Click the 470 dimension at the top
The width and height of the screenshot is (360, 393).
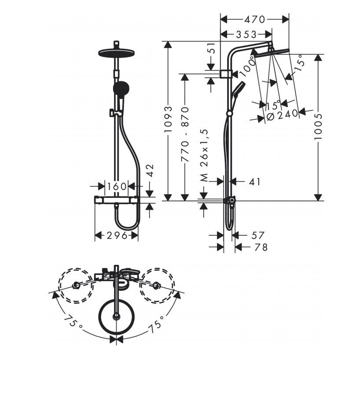(x=255, y=19)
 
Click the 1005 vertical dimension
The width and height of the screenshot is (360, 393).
(x=318, y=127)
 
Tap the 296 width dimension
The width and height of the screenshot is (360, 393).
(x=117, y=236)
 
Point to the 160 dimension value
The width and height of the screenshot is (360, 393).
(x=117, y=186)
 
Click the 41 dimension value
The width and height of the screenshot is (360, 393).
(x=254, y=181)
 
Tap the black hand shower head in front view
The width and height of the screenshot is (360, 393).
(x=120, y=89)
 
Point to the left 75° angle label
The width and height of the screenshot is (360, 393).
(x=72, y=323)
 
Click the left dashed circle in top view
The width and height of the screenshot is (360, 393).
(x=77, y=285)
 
